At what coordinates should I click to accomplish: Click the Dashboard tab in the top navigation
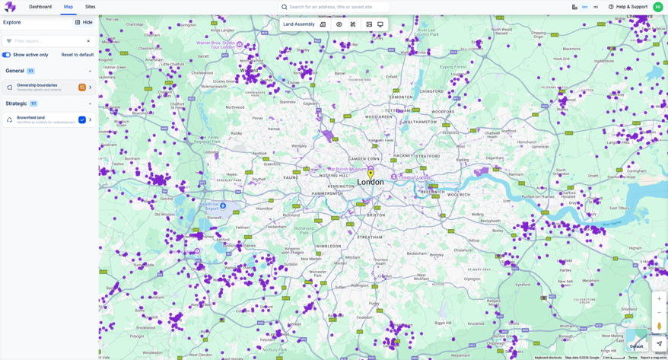tap(40, 7)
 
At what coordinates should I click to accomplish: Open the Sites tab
tap(90, 7)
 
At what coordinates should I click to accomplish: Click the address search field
tap(335, 7)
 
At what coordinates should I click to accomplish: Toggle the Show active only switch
tap(6, 55)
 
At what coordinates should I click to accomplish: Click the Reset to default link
tap(77, 55)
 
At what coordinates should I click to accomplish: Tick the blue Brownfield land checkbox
tap(82, 119)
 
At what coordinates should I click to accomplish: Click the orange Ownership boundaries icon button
tap(82, 88)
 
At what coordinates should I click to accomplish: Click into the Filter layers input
tap(47, 41)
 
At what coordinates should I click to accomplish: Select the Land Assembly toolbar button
tap(299, 24)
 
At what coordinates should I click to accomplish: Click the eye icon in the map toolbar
tap(339, 24)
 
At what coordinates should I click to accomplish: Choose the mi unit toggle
tap(596, 7)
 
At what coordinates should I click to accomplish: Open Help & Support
tap(628, 7)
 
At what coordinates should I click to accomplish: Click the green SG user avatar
tap(658, 7)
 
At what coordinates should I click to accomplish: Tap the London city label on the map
tap(371, 183)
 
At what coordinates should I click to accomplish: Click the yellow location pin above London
tap(371, 174)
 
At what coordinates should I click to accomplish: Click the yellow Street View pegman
tap(659, 327)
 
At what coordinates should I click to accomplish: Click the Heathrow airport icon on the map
tap(223, 205)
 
